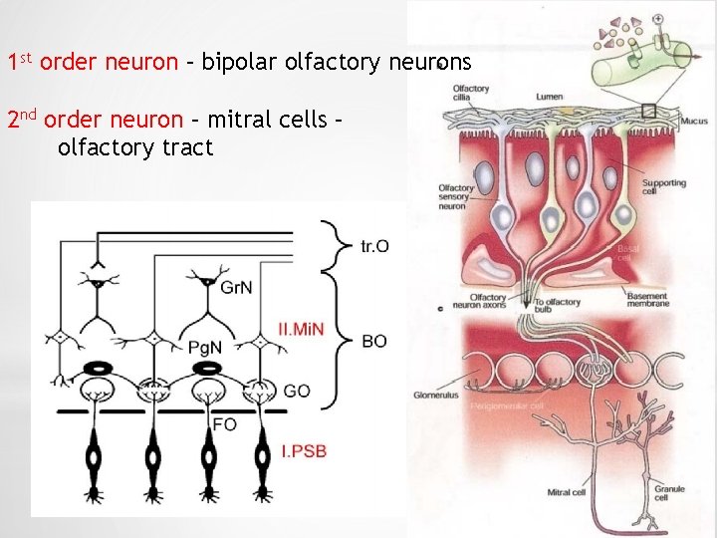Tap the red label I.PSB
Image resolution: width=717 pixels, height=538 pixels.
coord(304,452)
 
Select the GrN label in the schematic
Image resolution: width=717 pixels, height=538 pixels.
coord(237,289)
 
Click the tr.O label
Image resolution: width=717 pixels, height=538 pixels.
coord(374,246)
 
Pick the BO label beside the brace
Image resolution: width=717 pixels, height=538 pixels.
coord(374,341)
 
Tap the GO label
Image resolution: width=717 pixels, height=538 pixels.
coord(297,392)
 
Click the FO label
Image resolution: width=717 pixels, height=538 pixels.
coord(225,424)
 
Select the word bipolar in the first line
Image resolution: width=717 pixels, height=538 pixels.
coord(239,63)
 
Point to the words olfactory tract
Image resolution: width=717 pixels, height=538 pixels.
coord(135,149)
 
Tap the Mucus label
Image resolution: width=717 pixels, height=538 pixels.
coord(694,121)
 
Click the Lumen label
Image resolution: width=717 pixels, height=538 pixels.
coord(550,97)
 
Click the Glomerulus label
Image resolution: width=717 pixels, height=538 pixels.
coord(436,396)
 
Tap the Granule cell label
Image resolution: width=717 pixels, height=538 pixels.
coord(668,493)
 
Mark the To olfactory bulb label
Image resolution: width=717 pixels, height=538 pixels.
coord(557,306)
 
